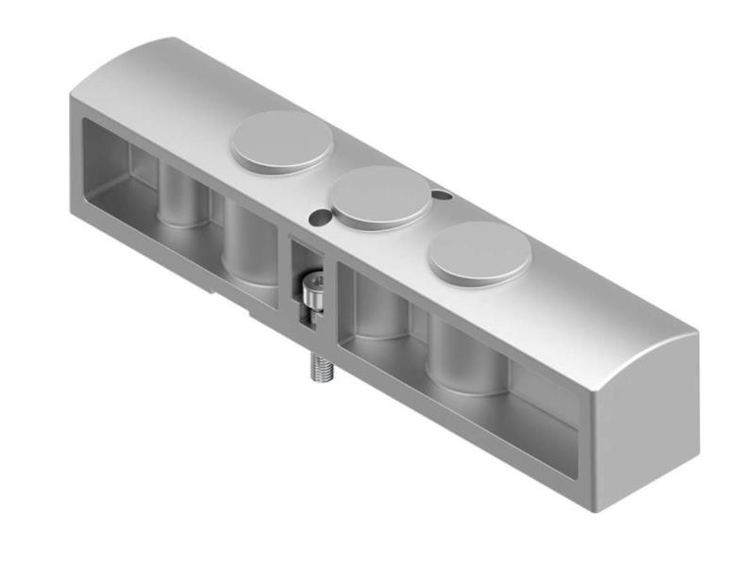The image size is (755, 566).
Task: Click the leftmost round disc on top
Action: click(282, 141)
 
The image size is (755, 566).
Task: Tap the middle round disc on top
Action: click(383, 196)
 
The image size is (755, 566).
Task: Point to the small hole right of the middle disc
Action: click(441, 195)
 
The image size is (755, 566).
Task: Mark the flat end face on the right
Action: click(646, 424)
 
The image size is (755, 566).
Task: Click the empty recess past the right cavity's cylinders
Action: click(543, 406)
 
